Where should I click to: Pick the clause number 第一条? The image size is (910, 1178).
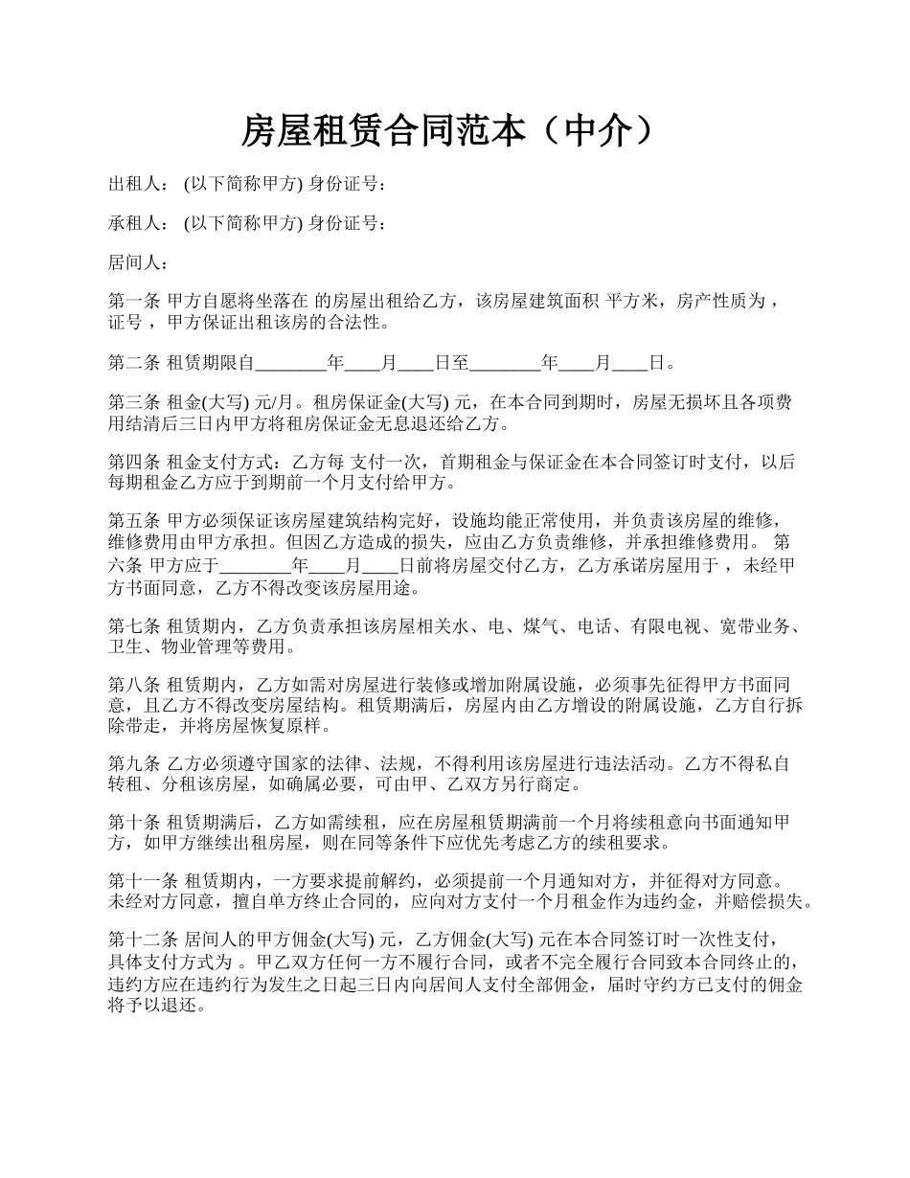click(x=134, y=302)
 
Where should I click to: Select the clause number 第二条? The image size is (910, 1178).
click(x=134, y=363)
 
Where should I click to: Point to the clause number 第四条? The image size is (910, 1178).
click(x=134, y=463)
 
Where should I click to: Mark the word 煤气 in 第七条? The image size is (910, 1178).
click(x=542, y=626)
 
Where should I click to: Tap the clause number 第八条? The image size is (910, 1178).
click(x=134, y=685)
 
